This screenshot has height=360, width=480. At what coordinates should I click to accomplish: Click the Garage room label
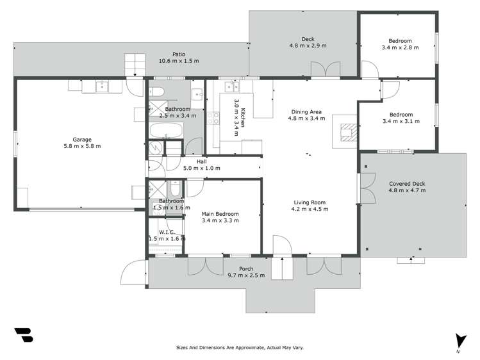click(x=81, y=143)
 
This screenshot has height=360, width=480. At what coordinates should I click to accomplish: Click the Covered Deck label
click(x=407, y=187)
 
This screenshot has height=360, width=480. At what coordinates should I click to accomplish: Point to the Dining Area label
click(x=306, y=115)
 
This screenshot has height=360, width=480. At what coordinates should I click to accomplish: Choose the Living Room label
click(x=309, y=206)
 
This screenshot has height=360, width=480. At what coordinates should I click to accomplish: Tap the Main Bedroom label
click(x=220, y=217)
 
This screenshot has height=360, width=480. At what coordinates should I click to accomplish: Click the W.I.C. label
click(x=162, y=235)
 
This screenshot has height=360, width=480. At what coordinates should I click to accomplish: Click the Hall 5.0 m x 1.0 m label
click(x=201, y=165)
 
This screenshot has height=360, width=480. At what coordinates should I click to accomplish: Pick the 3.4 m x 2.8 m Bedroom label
click(x=396, y=44)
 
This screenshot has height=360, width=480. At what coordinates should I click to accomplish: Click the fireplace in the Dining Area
click(x=347, y=131)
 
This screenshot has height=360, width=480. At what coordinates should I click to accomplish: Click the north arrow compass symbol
click(x=458, y=341)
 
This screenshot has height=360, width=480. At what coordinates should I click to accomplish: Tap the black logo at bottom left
click(x=24, y=336)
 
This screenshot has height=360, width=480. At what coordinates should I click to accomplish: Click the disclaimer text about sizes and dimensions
click(x=240, y=348)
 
